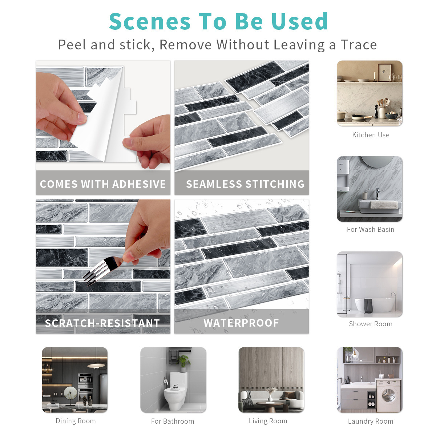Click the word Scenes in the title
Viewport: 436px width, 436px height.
pos(150,21)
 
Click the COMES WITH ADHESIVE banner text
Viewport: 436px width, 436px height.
pos(103,184)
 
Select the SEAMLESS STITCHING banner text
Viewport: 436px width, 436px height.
pos(245,184)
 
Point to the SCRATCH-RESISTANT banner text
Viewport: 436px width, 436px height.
pos(102,323)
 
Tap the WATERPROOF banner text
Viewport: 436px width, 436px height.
pos(241,323)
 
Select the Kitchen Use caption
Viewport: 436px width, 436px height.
pos(371,135)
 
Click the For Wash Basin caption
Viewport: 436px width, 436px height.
pos(371,229)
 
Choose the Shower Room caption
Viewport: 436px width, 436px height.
pos(371,324)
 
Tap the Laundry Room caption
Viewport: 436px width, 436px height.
pos(371,421)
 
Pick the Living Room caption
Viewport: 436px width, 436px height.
pos(268,421)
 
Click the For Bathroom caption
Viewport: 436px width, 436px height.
pos(173,421)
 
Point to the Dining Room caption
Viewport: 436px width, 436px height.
pos(76,421)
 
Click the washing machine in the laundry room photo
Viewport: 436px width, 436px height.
pos(388,396)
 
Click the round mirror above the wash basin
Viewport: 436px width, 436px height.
pos(377,162)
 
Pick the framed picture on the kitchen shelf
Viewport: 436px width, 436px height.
pos(385,72)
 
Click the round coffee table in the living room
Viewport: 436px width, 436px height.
pos(270,404)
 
